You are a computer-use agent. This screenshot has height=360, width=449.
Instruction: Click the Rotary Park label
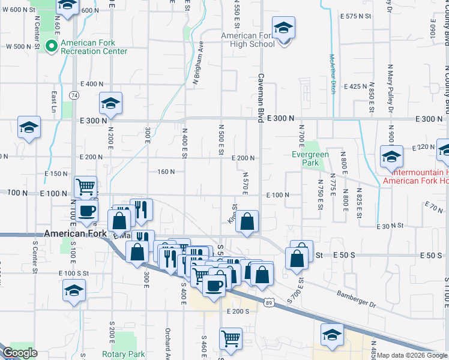click(x=124, y=354)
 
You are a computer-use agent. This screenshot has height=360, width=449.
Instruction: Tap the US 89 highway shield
click(x=268, y=304)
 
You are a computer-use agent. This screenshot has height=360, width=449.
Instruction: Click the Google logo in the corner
click(x=19, y=353)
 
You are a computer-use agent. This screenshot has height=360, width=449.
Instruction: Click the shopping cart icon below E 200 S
click(x=231, y=339)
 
